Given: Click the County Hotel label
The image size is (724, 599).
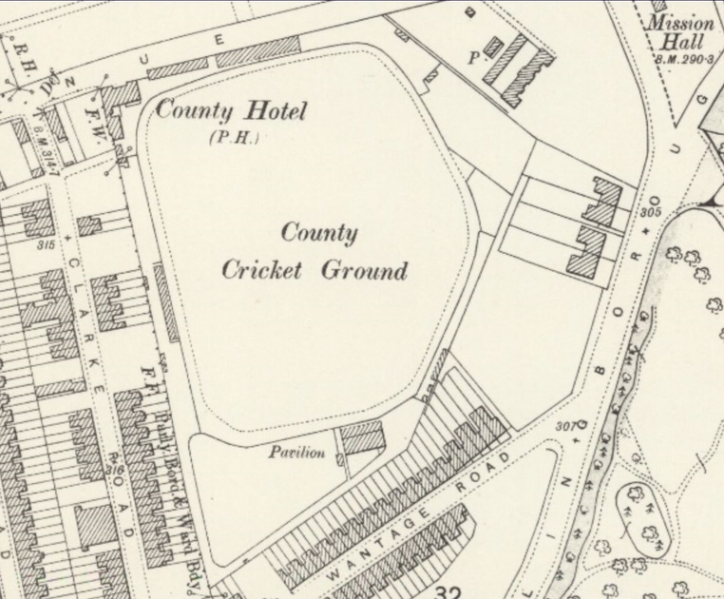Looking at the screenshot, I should point(232,111).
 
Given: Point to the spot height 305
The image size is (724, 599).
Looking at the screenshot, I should point(651,211).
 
